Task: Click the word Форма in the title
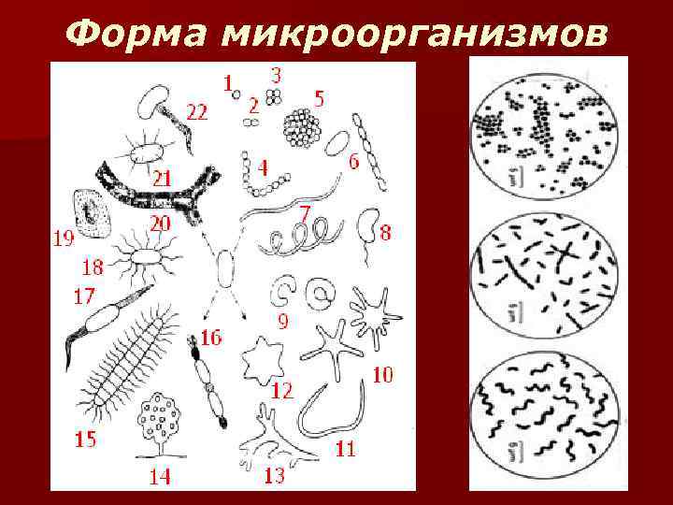136,33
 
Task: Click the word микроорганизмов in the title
414,34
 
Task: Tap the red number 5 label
319,99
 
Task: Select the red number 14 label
159,476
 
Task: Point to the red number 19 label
64,238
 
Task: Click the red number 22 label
197,112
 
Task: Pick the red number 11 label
345,449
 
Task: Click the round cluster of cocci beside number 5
302,128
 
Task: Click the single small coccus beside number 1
236,94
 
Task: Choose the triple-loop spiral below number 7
300,237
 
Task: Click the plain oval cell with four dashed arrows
225,268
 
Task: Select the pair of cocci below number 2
251,123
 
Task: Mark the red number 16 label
210,338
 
